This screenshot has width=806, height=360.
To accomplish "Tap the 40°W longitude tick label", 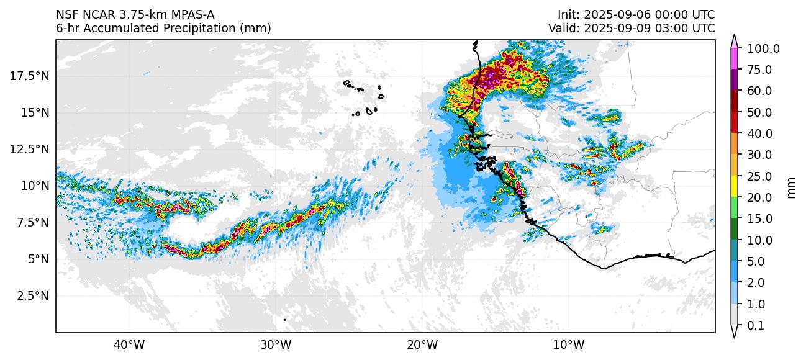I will tap(129, 344).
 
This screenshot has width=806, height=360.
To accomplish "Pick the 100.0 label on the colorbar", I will tap(763, 48).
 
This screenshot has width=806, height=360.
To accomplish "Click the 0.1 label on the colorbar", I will tap(755, 326).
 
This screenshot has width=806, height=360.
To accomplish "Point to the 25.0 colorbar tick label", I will tap(761, 176).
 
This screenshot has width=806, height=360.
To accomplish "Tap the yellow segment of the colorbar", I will tap(735, 187).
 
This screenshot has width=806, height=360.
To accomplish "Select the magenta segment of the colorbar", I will tap(735, 59).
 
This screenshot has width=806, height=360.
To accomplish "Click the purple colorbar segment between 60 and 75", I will tap(735, 80).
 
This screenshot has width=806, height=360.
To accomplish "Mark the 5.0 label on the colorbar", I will tap(755, 262).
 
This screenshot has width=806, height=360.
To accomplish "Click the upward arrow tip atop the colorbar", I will tap(735, 37).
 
